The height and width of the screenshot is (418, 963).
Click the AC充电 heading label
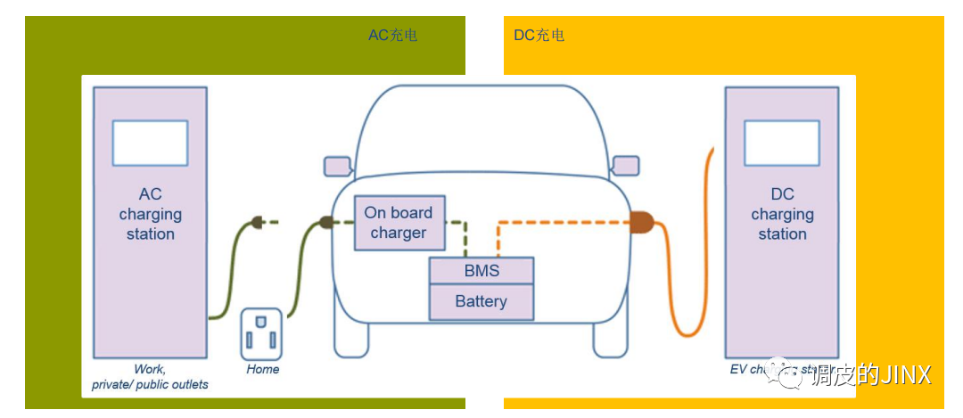pos(392,36)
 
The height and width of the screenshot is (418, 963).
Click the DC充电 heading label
pos(539,36)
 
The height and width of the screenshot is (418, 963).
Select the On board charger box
pos(398,223)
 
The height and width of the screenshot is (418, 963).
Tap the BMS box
pos(481,271)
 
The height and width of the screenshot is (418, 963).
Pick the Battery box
pos(481,302)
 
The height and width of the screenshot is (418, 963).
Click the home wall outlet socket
pos(261,333)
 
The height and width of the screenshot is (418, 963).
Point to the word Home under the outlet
pos(263,369)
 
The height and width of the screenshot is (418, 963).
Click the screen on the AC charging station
pos(150,143)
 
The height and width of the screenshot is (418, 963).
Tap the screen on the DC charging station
pos(781,143)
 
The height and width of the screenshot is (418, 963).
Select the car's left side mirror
pos(337,166)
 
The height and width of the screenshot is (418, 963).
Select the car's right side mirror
pos(625,166)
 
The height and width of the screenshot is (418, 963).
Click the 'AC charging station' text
pos(150,214)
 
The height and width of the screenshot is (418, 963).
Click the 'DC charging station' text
pos(782,214)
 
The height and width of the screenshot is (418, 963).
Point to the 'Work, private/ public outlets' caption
pos(150,377)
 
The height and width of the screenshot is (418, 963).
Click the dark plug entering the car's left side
pos(326,222)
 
